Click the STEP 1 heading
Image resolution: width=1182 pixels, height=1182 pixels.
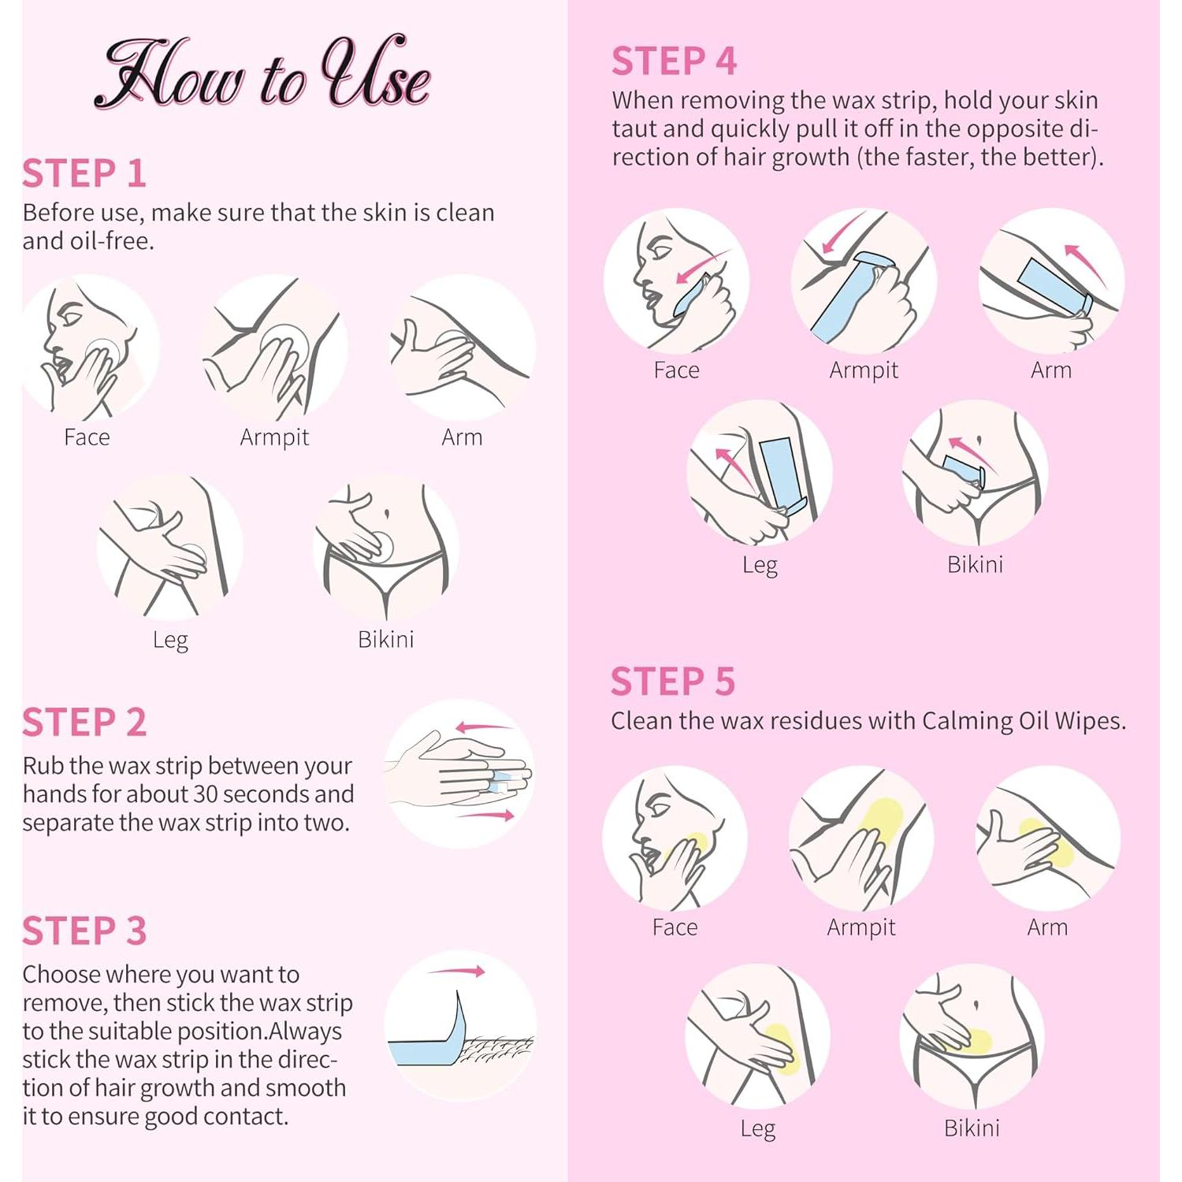point(84,173)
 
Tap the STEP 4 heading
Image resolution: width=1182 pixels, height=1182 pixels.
point(674,61)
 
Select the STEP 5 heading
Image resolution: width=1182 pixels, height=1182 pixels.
point(673,682)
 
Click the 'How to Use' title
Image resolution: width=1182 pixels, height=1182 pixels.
point(262,73)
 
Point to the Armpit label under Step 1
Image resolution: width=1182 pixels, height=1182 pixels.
point(274,437)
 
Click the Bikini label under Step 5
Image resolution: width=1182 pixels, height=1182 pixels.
point(972,1128)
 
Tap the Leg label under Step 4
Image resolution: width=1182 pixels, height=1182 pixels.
point(760,566)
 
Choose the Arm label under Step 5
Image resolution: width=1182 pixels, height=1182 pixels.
point(1047,927)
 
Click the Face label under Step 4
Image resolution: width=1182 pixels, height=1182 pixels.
point(676,370)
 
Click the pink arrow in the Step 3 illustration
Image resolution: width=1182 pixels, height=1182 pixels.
point(457,971)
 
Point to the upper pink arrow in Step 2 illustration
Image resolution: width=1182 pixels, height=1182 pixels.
point(484,727)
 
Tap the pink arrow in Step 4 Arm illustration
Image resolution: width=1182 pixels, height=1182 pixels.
point(1086,263)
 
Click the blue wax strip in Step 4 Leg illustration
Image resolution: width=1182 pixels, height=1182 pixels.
point(782,472)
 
